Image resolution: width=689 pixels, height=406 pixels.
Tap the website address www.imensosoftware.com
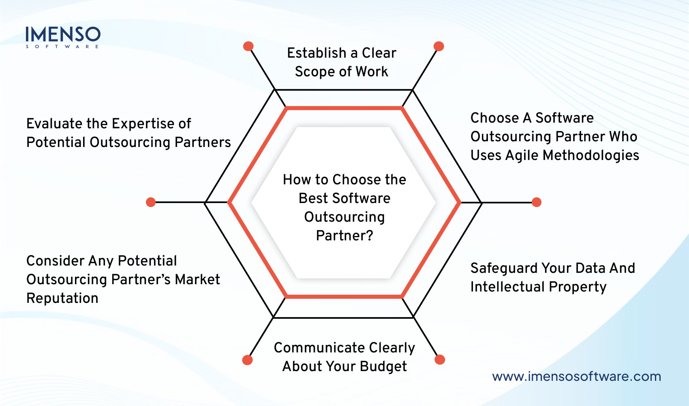pos(576,376)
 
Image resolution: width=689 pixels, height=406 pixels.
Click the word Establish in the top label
pos(317,53)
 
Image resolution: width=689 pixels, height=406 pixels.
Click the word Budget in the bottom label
pos(383,367)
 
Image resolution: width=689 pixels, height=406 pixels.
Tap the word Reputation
pos(62,298)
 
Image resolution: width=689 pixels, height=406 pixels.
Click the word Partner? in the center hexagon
pos(344,235)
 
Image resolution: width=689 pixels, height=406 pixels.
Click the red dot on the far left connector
pos(151,202)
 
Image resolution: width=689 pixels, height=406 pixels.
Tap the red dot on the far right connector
pos(537,202)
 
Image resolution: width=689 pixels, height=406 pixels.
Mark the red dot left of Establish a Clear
pos(248,46)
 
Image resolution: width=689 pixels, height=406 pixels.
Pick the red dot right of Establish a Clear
pos(439,46)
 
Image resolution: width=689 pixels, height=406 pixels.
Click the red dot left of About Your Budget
pos(247,360)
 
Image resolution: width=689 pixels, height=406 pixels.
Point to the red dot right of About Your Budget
pos(440,360)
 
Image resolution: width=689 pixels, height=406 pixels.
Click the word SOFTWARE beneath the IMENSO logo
pos(62,47)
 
